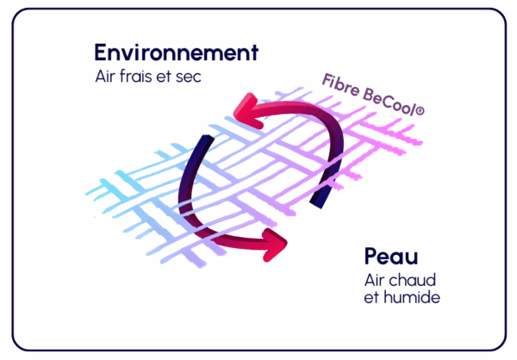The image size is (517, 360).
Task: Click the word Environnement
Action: tap(177, 53)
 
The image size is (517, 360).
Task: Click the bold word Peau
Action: tap(392, 257)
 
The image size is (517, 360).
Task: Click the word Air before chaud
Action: tap(377, 281)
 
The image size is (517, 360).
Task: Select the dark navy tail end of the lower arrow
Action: tap(203, 142)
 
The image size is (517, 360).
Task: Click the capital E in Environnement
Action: tap(101, 53)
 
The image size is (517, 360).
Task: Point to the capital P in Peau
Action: tap(371, 257)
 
